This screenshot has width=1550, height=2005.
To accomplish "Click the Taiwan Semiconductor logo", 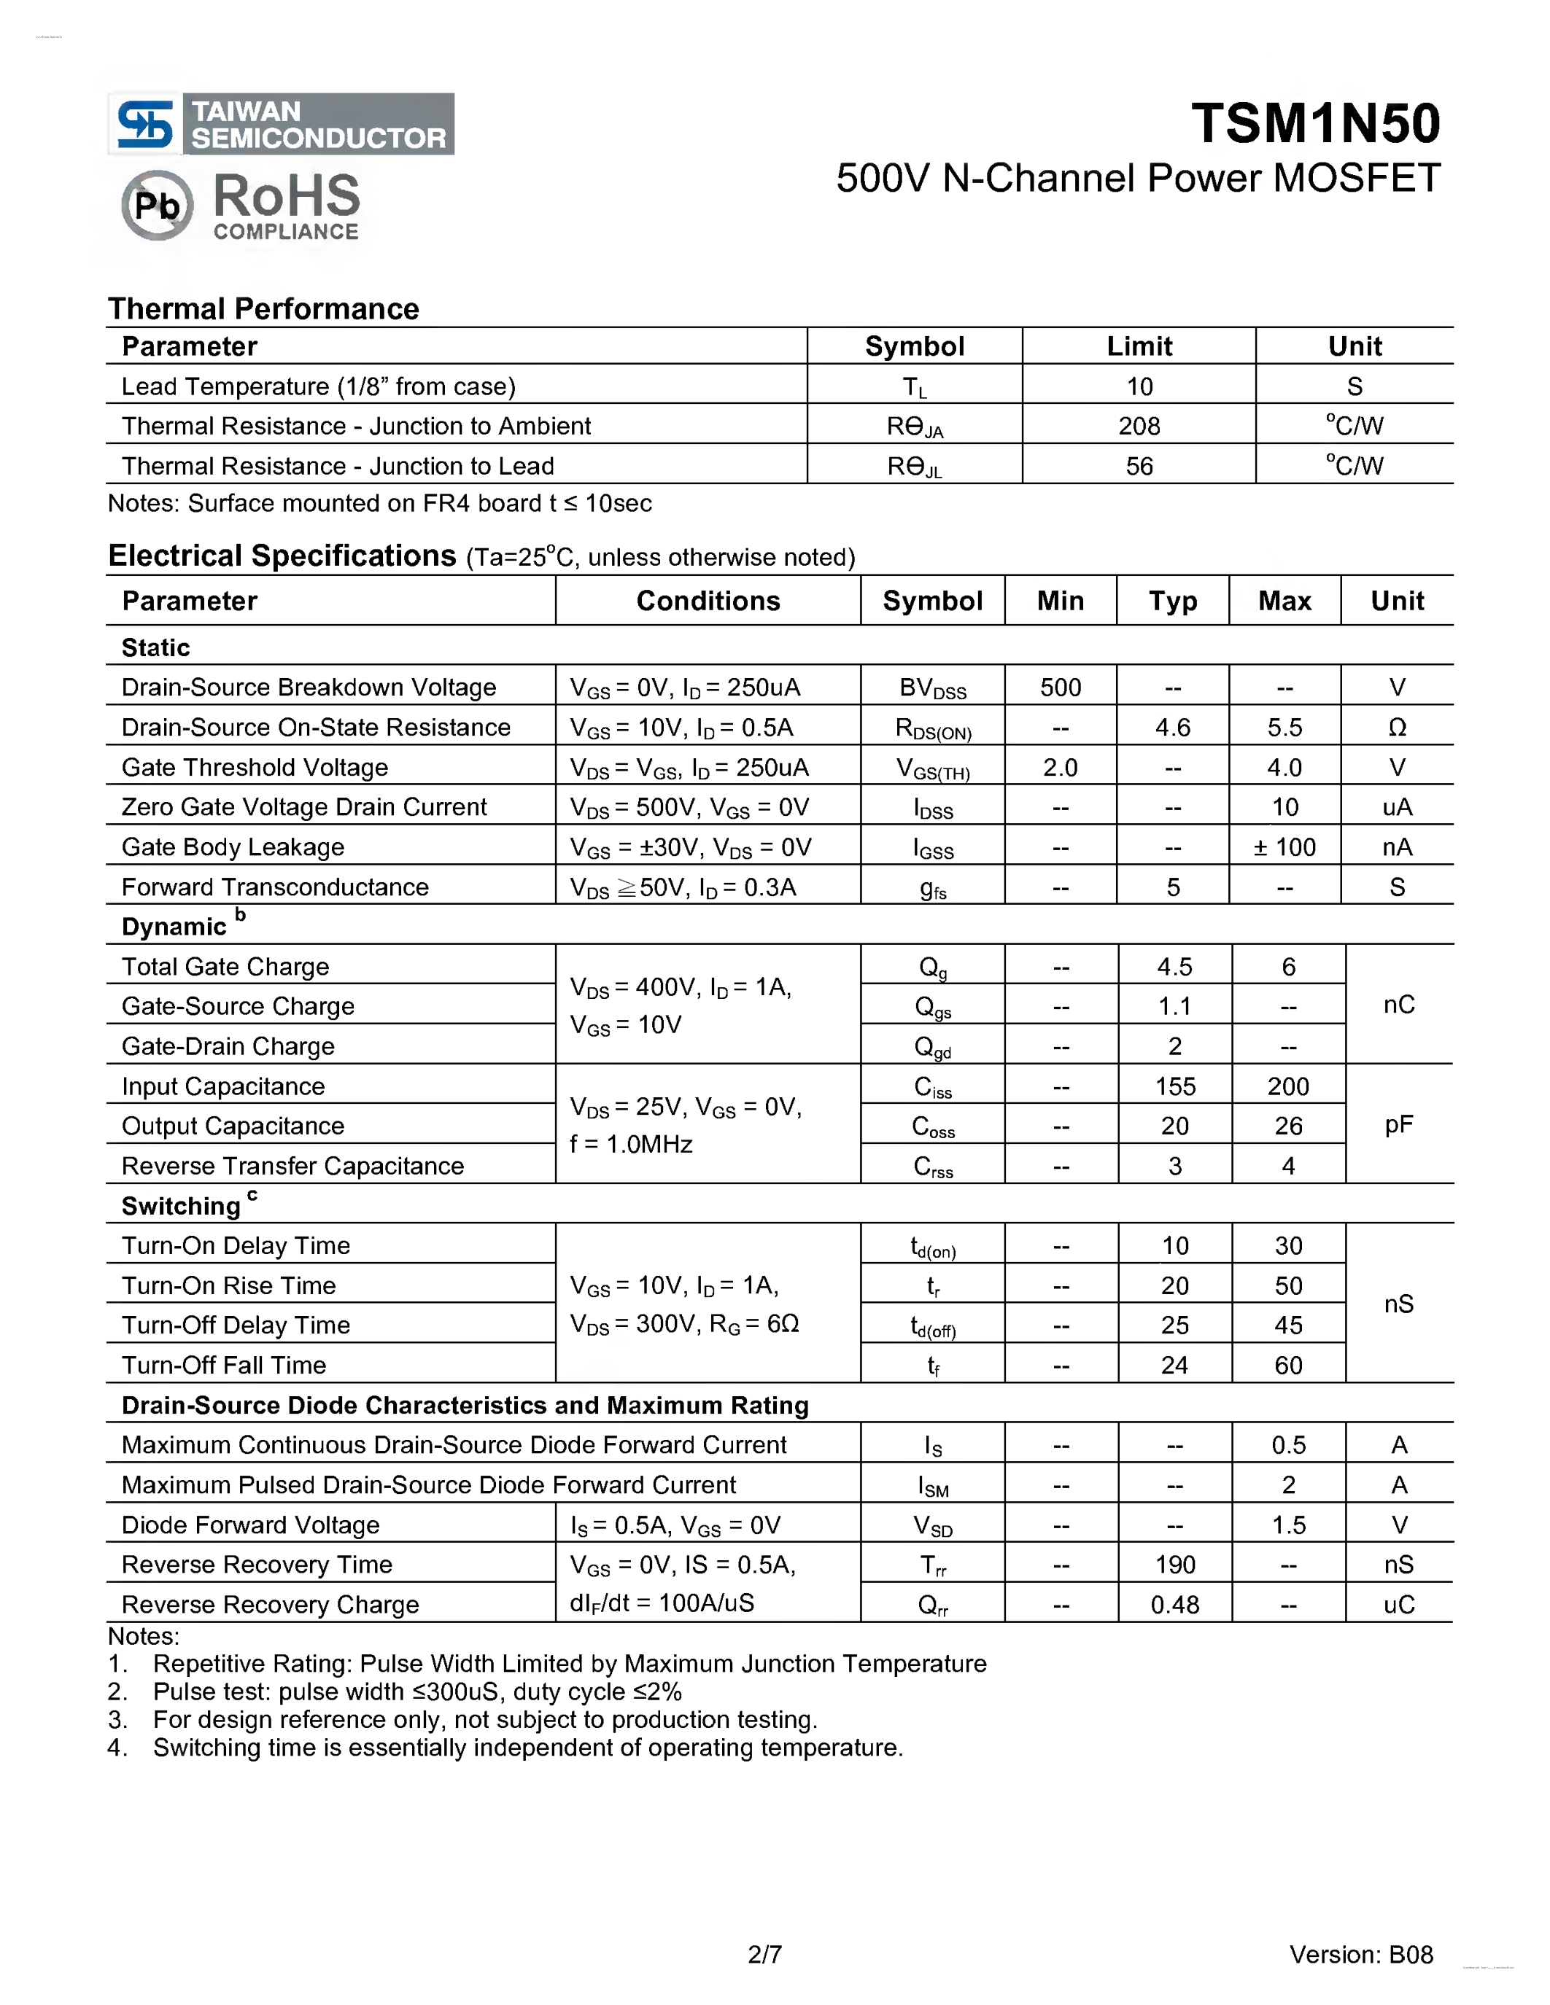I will click(x=281, y=124).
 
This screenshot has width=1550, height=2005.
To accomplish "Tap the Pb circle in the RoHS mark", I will click(x=157, y=205).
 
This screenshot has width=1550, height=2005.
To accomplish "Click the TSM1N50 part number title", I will click(x=1315, y=124).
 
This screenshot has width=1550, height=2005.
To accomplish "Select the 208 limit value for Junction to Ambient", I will click(x=1139, y=426).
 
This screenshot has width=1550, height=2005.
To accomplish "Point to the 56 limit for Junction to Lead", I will click(x=1139, y=467).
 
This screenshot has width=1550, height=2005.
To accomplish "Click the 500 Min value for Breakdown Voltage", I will click(x=1060, y=688).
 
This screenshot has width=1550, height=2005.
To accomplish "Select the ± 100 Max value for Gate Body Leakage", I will click(x=1284, y=847).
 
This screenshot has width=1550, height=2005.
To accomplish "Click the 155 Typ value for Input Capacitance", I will click(x=1174, y=1086).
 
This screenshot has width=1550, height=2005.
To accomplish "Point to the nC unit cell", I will click(x=1398, y=1005).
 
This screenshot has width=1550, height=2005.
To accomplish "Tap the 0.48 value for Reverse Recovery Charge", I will click(x=1174, y=1605).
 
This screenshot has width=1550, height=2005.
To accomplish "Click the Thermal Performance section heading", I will click(x=263, y=308).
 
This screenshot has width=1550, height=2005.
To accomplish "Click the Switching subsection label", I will click(x=181, y=1205).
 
